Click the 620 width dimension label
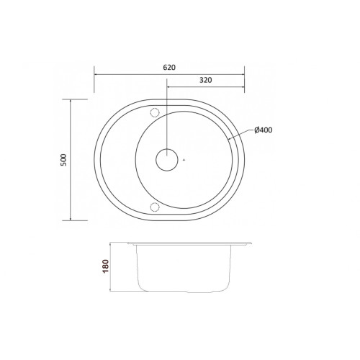click(x=169, y=68)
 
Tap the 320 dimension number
click(x=206, y=80)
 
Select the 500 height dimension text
click(x=63, y=160)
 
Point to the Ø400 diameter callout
click(x=264, y=130)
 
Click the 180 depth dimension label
click(x=106, y=266)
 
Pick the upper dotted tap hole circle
click(x=155, y=112)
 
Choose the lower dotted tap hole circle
click(x=155, y=207)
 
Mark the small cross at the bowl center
click(x=184, y=160)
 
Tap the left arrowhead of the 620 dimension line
click(x=96, y=74)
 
